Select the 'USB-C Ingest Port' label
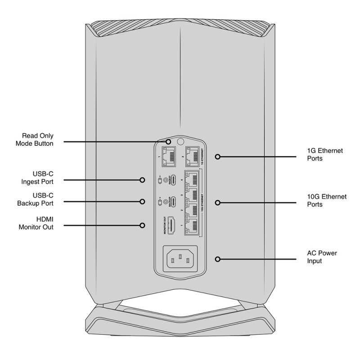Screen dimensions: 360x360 [40, 178]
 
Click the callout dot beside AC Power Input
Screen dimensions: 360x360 [218, 259]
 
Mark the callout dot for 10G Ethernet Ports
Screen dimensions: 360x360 [218, 202]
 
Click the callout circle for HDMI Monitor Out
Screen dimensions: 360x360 [143, 225]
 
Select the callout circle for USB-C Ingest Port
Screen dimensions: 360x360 [143, 180]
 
